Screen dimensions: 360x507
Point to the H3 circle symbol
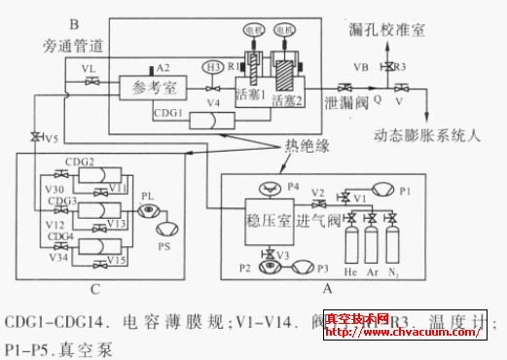pyautogui.click(x=212, y=66)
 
